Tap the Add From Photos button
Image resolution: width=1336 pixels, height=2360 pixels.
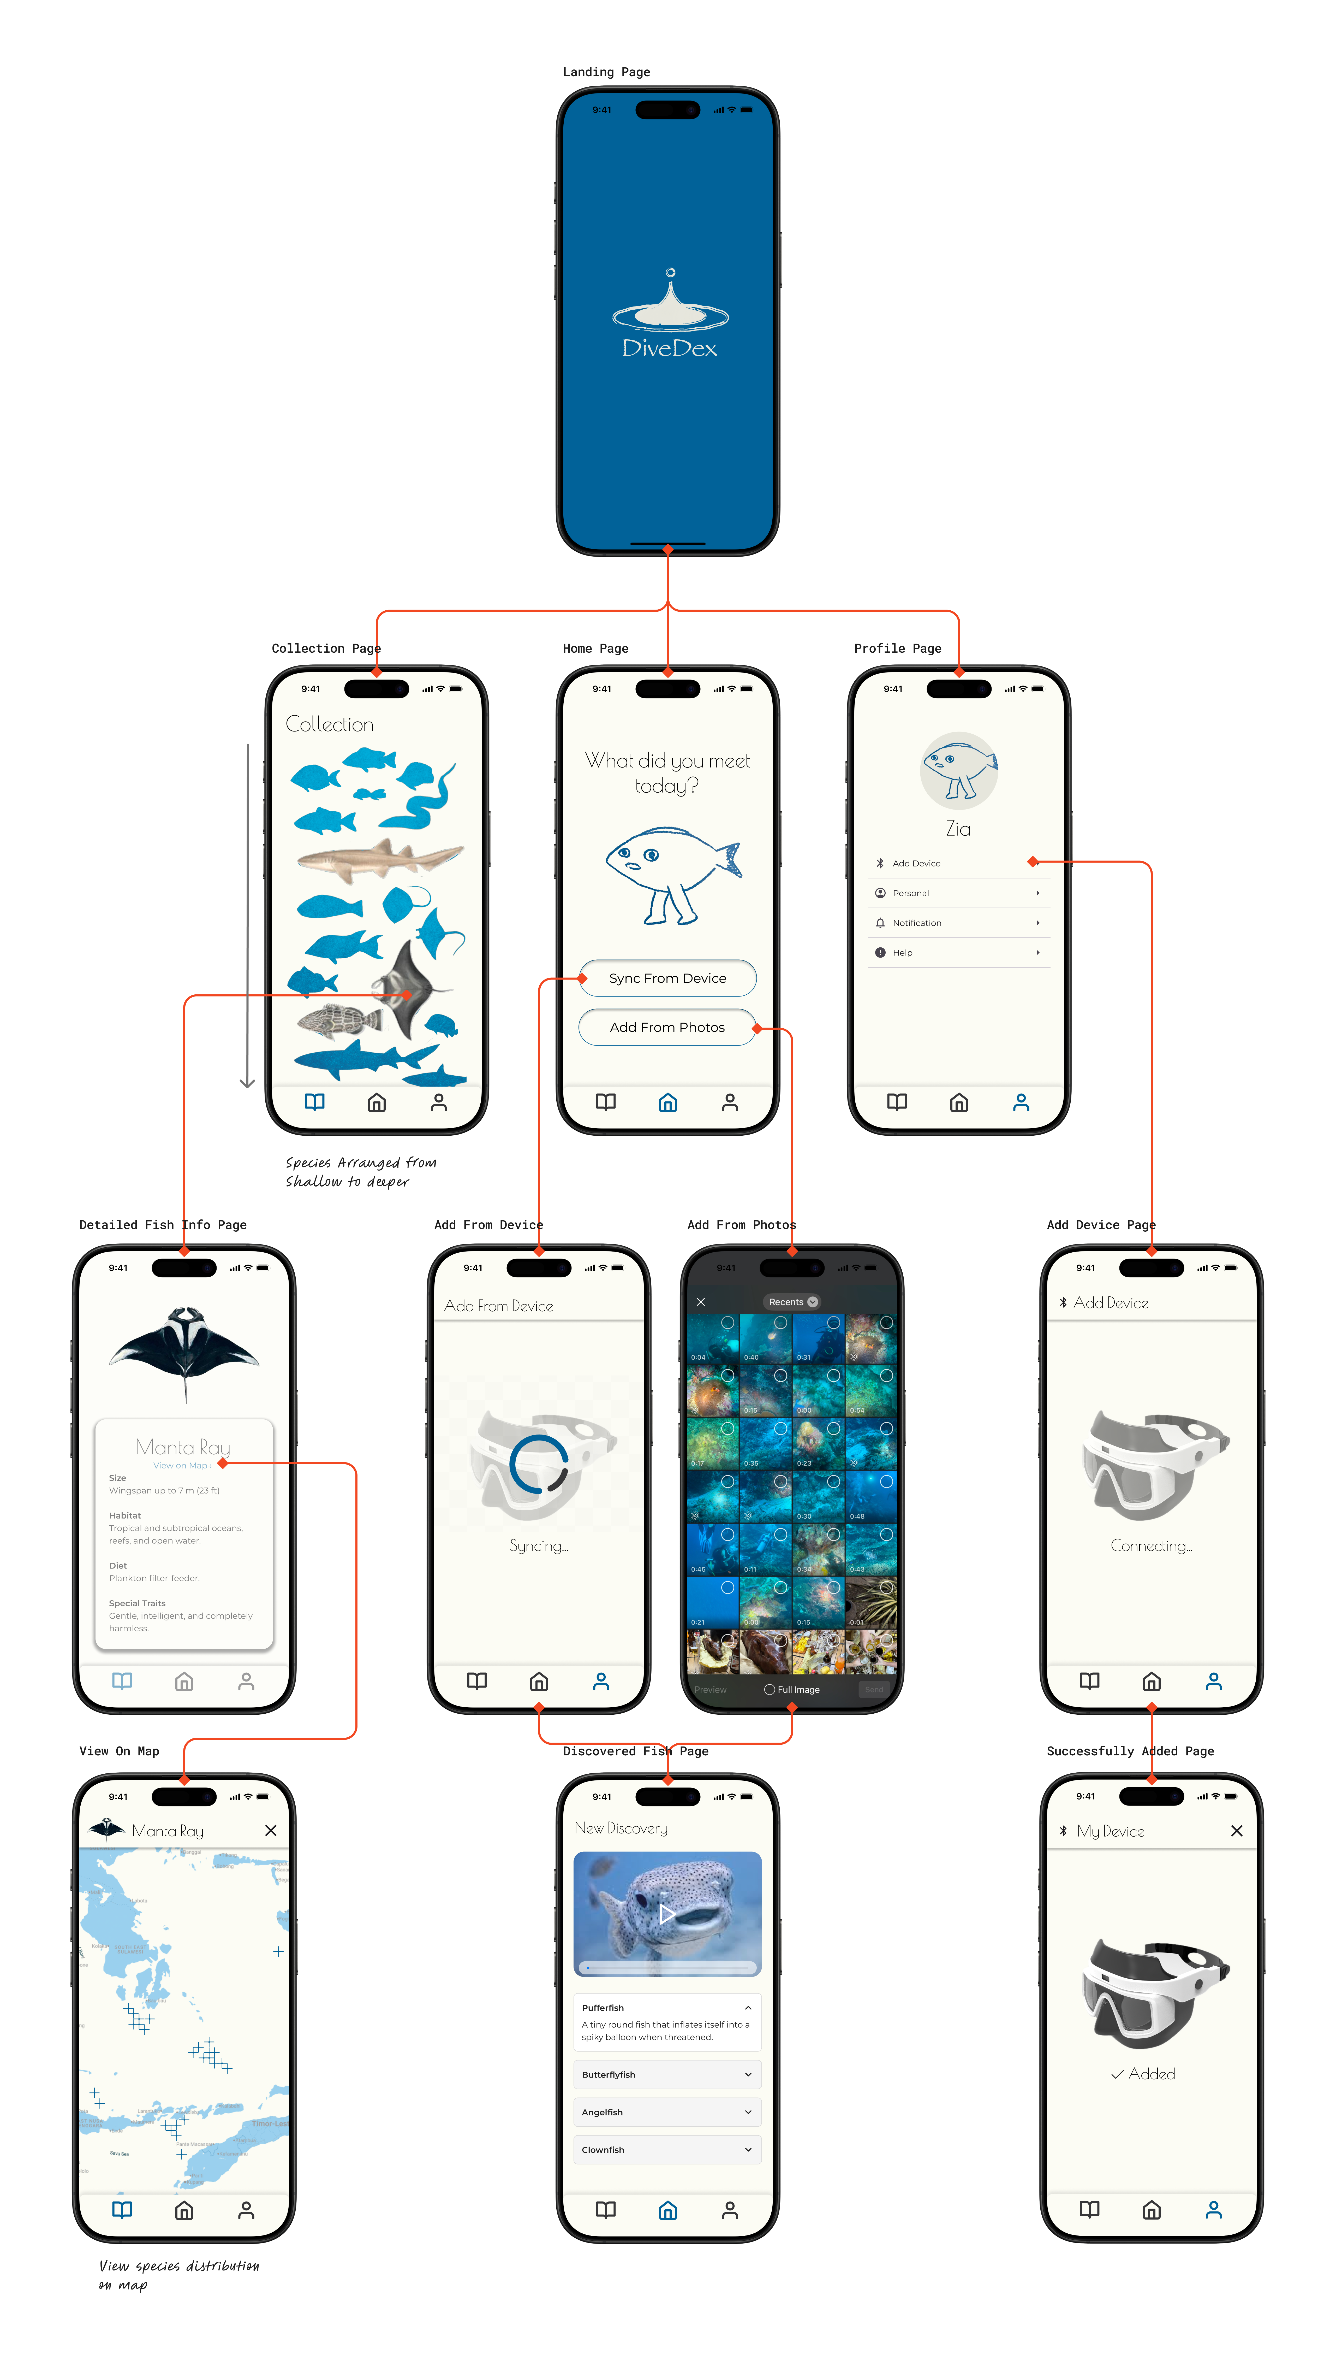pos(667,1027)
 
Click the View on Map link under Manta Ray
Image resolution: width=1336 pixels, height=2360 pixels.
pos(182,1466)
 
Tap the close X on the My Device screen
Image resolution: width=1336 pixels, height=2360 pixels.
pos(1236,1830)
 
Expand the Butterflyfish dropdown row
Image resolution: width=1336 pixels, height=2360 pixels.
pos(667,2074)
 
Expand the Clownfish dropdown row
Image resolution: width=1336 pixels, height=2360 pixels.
pos(667,2150)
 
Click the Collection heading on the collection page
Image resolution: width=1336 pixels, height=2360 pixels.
pos(329,724)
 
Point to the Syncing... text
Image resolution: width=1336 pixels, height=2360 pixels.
pos(539,1546)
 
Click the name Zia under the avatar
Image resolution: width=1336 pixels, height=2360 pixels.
pos(958,829)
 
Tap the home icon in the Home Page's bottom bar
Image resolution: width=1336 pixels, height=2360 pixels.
pos(667,1102)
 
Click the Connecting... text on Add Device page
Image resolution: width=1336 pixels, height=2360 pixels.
pos(1151,1546)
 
